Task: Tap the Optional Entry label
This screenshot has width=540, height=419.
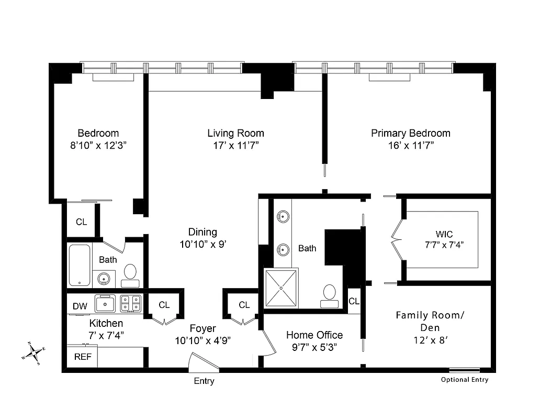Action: (464, 380)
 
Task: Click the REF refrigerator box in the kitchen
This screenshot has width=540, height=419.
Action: (81, 358)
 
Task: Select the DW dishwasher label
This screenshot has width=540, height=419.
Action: (80, 306)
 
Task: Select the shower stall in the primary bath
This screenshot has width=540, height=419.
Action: (281, 288)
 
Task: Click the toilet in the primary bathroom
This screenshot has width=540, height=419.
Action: (330, 295)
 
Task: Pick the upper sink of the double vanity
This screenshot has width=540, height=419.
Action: (283, 215)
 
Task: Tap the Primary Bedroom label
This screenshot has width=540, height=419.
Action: (411, 133)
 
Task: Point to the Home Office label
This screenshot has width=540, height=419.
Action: (314, 335)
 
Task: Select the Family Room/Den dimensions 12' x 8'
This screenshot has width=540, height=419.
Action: (430, 339)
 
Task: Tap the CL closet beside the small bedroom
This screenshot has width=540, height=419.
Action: (81, 222)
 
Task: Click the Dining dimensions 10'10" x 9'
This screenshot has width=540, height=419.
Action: (203, 244)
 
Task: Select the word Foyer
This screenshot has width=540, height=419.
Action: (203, 328)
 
